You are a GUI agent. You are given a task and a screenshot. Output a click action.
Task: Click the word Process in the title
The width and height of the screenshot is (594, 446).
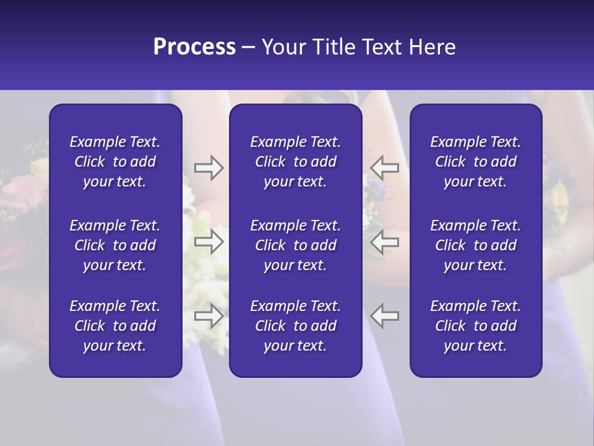point(194,47)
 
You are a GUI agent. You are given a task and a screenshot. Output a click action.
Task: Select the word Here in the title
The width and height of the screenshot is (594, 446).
point(433,47)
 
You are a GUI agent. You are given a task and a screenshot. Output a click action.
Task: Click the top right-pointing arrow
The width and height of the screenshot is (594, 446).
point(209,168)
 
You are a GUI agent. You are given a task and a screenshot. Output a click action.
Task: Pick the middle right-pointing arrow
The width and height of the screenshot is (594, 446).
point(209,242)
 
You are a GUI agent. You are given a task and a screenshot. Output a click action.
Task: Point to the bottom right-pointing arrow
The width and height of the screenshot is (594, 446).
point(209,316)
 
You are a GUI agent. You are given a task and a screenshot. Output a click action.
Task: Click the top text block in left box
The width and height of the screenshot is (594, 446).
point(115,162)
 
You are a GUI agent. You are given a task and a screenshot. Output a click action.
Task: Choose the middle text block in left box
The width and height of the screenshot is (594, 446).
point(115,245)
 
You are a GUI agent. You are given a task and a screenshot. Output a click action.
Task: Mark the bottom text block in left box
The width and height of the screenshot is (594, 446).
point(115,326)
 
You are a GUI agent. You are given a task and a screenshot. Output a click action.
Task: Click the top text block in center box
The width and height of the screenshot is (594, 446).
point(295,162)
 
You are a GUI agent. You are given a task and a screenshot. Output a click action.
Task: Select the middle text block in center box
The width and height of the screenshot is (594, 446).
point(295,245)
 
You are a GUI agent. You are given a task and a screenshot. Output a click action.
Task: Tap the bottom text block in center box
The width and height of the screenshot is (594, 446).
point(295,326)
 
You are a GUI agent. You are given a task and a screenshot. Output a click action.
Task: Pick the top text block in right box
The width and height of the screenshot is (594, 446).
point(475,162)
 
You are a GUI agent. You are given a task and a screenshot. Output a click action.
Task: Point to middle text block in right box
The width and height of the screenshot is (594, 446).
point(475,245)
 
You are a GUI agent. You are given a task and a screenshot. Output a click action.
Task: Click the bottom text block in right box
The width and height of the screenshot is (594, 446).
point(475,326)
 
